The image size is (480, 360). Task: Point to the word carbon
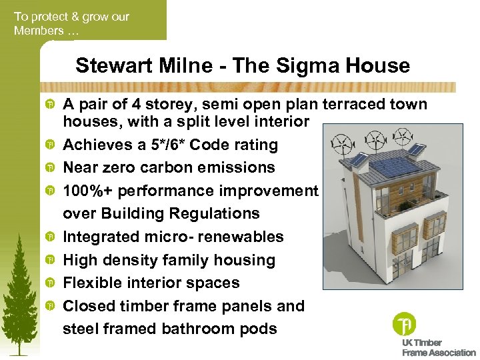(x=175, y=167)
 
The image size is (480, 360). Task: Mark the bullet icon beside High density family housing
(x=50, y=261)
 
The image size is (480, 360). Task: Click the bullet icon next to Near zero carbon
(x=50, y=168)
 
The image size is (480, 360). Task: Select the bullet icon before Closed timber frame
(x=50, y=307)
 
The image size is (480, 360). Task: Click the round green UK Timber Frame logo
(x=403, y=324)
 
